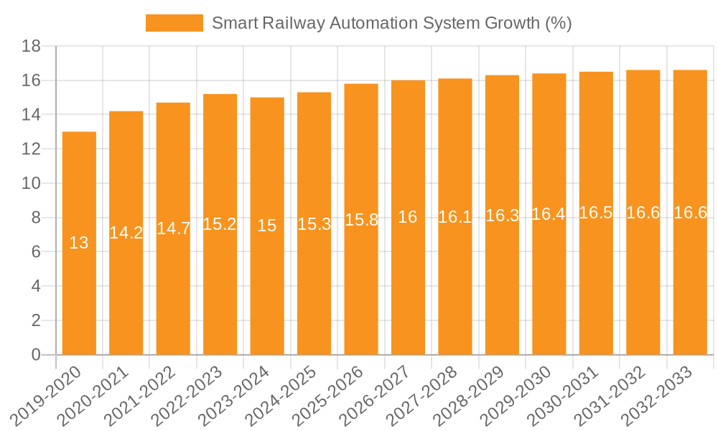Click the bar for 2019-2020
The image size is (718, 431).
(x=79, y=244)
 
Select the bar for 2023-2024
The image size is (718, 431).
(x=267, y=226)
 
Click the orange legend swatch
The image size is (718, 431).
(x=174, y=23)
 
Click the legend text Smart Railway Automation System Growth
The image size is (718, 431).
(x=391, y=23)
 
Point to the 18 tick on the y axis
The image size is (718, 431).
(x=31, y=47)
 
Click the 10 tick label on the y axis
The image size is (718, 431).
(x=31, y=184)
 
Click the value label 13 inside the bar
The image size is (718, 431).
(x=79, y=243)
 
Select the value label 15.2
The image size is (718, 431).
(x=220, y=224)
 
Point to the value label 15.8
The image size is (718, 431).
(x=361, y=220)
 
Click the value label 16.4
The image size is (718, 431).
(x=549, y=214)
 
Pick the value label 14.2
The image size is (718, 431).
(x=126, y=233)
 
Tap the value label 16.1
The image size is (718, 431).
(x=454, y=217)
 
